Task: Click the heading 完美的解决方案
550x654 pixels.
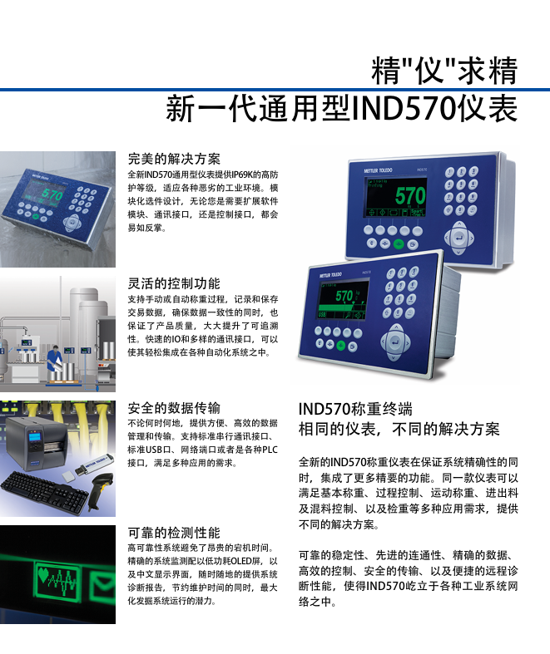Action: tap(174, 159)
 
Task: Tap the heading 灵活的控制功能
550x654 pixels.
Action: tap(174, 283)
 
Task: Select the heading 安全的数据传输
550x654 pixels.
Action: tap(174, 408)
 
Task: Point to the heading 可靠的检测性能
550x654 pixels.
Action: tap(174, 533)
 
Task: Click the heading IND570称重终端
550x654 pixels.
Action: tap(355, 409)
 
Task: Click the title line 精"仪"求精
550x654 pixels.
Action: tap(444, 70)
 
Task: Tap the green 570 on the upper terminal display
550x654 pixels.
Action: tap(410, 196)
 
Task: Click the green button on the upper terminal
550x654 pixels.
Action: tap(399, 244)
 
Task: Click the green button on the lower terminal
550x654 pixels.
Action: tap(341, 346)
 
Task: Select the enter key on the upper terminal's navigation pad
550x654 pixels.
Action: tap(458, 238)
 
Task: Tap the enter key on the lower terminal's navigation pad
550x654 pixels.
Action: tap(394, 342)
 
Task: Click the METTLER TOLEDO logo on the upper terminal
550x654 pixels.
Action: tap(378, 170)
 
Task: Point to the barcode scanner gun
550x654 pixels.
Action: tap(100, 490)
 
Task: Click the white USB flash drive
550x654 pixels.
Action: tap(94, 465)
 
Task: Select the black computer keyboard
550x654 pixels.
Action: tap(44, 493)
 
